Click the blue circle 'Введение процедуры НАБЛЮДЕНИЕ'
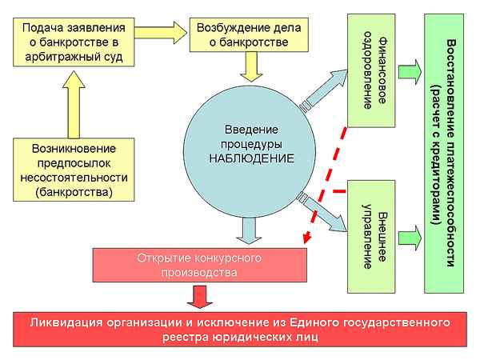point(251,144)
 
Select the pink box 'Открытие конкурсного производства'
point(201,266)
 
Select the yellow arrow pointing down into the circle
point(251,69)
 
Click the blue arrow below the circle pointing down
point(250,233)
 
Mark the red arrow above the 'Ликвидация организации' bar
point(195,297)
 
